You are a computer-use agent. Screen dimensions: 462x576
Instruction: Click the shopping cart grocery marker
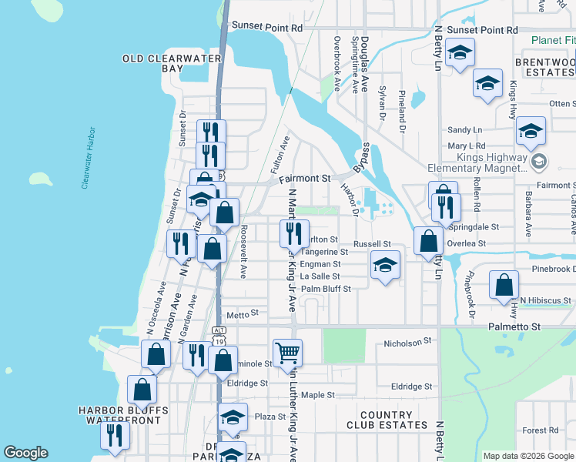tap(287, 352)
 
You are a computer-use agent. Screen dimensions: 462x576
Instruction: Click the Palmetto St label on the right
tap(515, 327)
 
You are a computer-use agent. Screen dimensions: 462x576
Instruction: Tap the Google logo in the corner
tap(25, 453)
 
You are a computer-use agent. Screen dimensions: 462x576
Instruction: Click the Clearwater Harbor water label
tap(88, 158)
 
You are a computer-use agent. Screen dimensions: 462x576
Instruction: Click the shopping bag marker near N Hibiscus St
tap(503, 285)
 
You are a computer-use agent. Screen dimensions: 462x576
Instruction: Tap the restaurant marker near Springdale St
tap(446, 206)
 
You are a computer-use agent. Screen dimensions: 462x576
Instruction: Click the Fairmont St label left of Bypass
tap(309, 178)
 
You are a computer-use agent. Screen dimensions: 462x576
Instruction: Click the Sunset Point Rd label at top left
tap(268, 27)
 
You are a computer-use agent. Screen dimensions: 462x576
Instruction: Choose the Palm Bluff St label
tap(326, 289)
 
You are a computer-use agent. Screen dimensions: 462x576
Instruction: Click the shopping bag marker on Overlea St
tap(427, 240)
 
